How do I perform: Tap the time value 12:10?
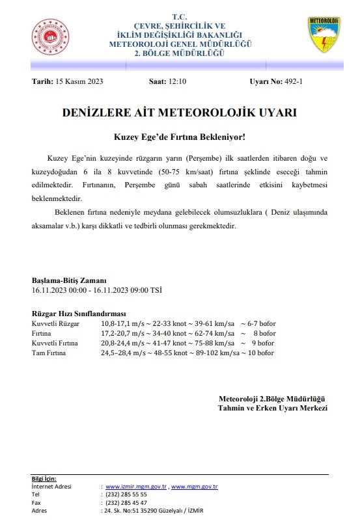click(x=176, y=82)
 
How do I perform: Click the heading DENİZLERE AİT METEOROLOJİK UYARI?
click(x=179, y=113)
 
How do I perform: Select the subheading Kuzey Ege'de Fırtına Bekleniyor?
click(x=179, y=138)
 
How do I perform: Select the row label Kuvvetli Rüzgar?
click(x=55, y=323)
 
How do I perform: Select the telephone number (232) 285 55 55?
click(x=126, y=494)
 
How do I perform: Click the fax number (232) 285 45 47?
click(x=126, y=503)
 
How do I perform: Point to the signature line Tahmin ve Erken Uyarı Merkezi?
click(x=272, y=408)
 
